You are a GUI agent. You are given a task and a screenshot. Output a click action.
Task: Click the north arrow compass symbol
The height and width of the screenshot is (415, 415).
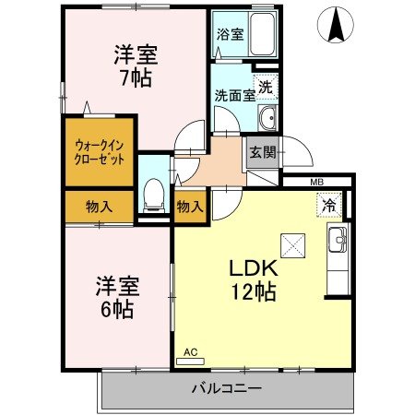coord(333,24)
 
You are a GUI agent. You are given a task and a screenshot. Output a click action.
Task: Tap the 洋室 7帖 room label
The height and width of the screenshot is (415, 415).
coord(134,65)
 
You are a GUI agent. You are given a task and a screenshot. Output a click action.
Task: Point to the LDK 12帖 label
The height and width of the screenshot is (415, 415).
coord(253,280)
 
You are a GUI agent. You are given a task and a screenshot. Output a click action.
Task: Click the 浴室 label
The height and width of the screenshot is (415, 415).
coord(230,35)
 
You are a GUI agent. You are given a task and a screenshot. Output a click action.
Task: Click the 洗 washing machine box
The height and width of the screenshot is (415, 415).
coord(265,88)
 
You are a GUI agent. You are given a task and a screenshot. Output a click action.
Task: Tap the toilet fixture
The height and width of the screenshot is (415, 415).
coord(154,195)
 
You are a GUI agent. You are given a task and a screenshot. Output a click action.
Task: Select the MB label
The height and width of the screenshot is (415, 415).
coord(316,183)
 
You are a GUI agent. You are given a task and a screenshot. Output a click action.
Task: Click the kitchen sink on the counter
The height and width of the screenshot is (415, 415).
coord(337,242)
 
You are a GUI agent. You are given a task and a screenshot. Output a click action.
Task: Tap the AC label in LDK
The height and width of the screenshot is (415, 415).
coord(191,352)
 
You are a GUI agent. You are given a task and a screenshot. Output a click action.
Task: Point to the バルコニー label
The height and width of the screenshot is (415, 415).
coord(226,386)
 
